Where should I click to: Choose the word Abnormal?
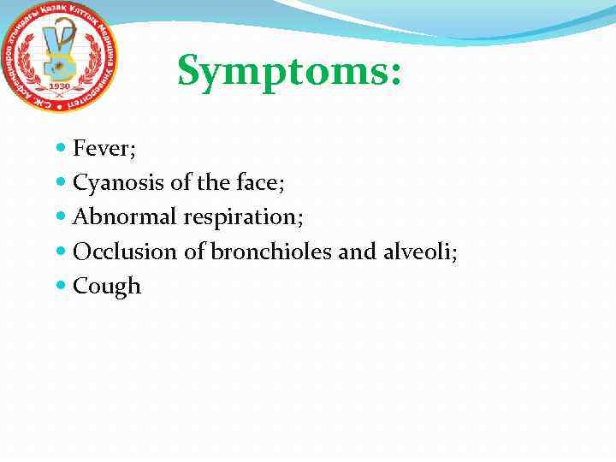coord(126,217)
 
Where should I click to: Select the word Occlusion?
coord(118,252)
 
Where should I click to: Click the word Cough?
coord(107,286)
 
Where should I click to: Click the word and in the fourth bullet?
coord(355,252)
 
